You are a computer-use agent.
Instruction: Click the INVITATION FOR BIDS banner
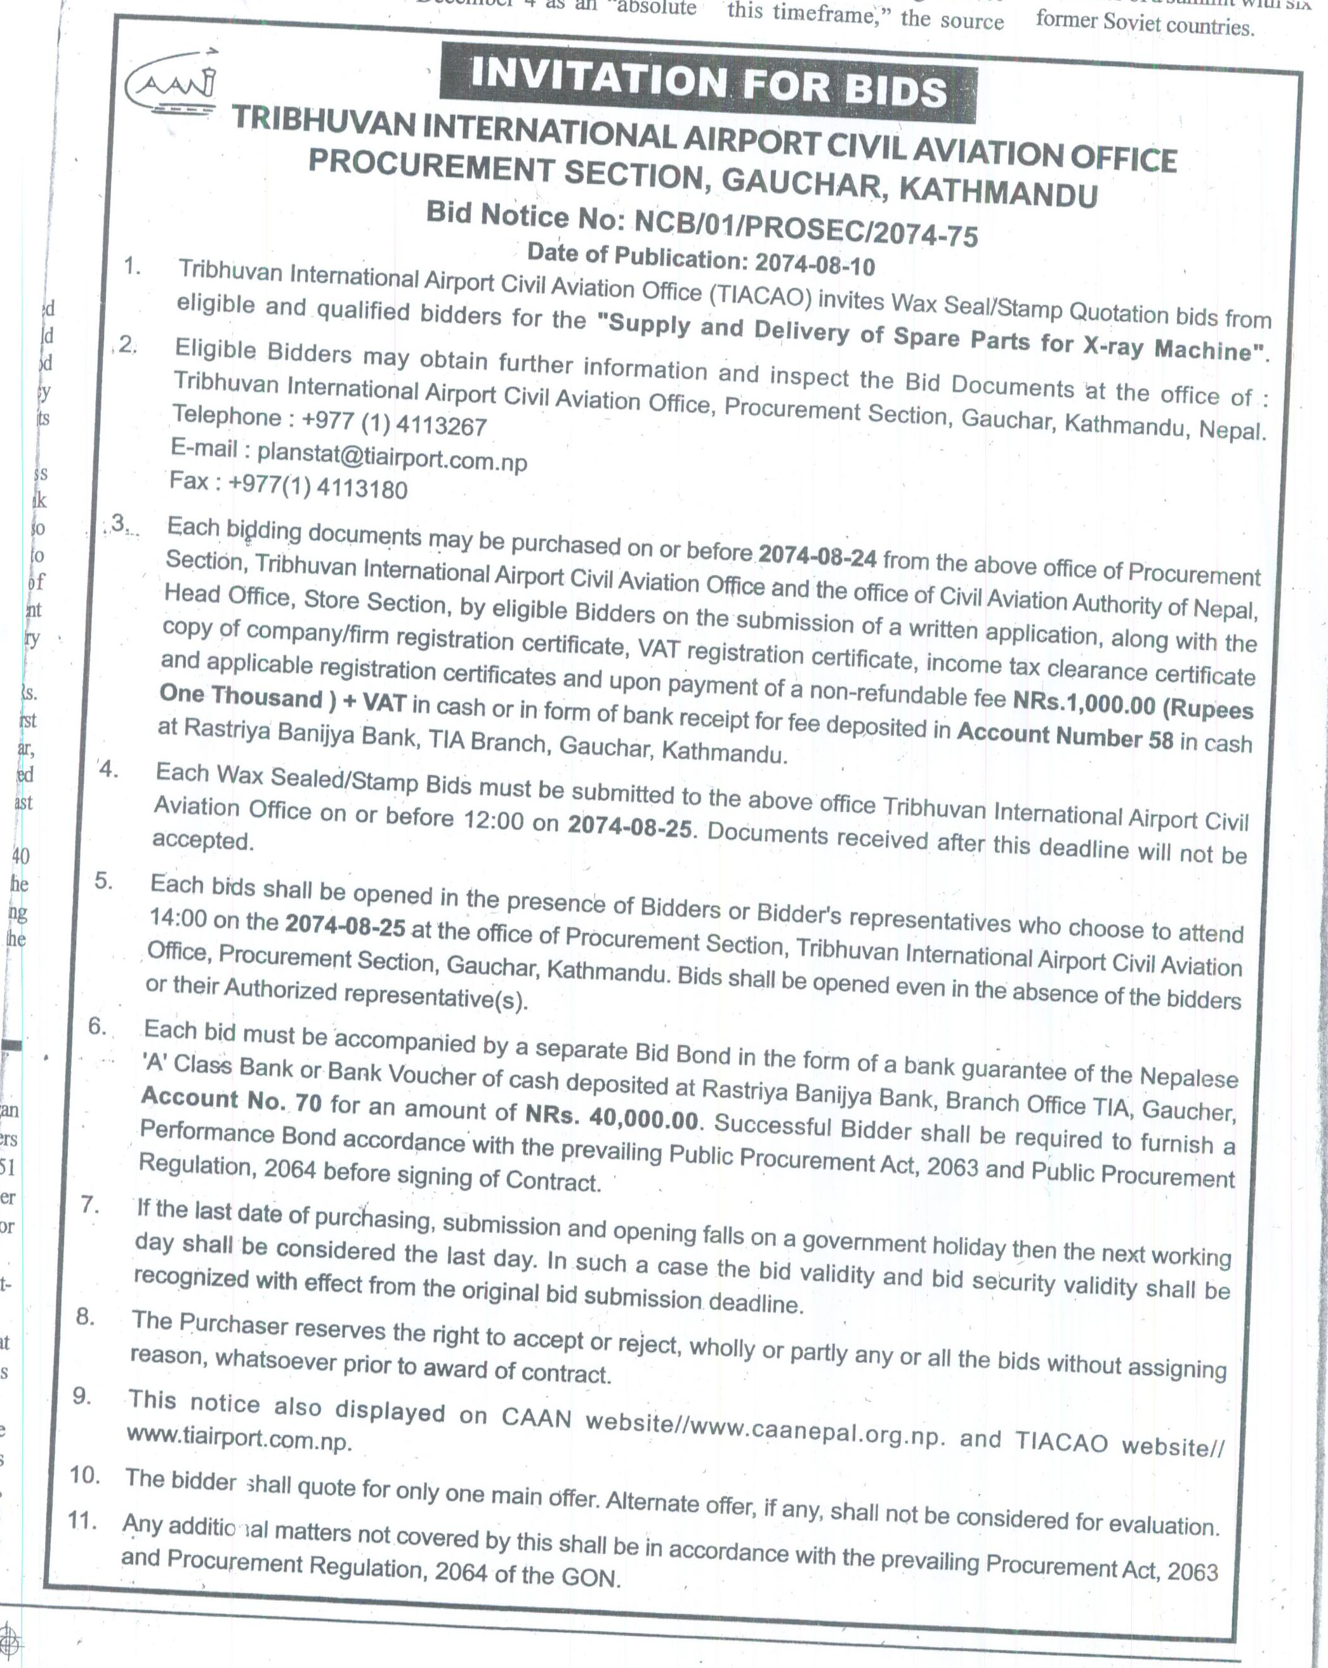(707, 84)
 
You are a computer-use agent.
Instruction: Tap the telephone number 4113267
(440, 425)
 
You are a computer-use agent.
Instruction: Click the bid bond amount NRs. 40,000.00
(612, 1116)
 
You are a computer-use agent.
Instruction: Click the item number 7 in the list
(89, 1204)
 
